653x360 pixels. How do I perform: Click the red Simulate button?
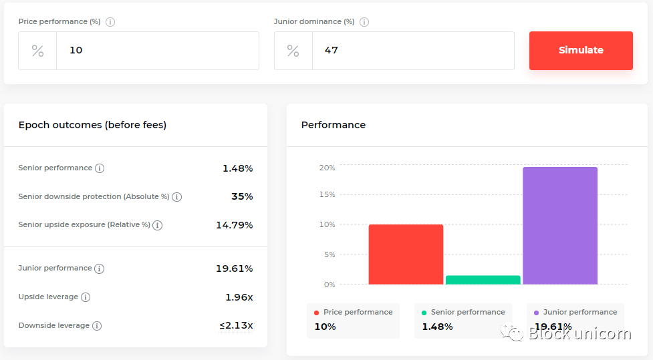point(581,50)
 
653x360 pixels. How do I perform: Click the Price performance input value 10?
point(76,50)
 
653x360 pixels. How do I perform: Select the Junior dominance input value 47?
point(332,50)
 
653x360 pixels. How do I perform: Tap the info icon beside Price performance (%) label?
point(110,21)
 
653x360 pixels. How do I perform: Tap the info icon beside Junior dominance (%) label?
point(364,21)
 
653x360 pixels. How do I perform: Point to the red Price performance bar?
point(406,254)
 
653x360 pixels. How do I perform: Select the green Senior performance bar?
point(483,280)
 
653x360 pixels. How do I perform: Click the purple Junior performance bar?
point(560,226)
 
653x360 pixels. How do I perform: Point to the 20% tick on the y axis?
point(327,168)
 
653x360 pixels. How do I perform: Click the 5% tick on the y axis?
point(329,254)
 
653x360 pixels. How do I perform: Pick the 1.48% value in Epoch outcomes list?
point(237,168)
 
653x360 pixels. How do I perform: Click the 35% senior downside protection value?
point(242,196)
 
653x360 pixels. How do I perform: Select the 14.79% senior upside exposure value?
point(234,225)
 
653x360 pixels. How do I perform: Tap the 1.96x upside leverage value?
point(239,297)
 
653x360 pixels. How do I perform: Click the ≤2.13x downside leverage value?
point(236,325)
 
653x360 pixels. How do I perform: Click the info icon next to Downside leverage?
point(97,326)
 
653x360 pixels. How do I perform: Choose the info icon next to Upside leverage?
point(86,297)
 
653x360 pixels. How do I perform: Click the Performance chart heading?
point(334,125)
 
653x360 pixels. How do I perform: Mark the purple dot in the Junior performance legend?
point(536,313)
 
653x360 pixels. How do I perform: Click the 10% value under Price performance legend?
point(325,327)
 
